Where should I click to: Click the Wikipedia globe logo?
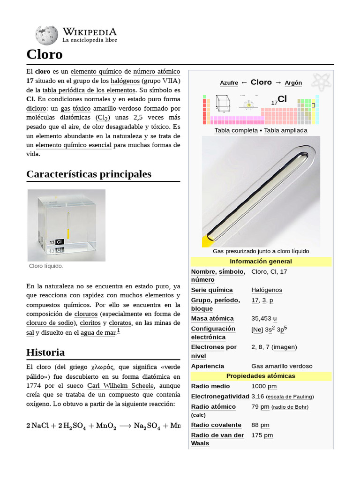tap(46, 35)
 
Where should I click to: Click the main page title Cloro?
tap(45, 54)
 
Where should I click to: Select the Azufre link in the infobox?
tap(229, 83)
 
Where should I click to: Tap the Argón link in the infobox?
tap(293, 83)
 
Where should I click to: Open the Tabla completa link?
tap(236, 130)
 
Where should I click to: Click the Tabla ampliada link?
tap(285, 130)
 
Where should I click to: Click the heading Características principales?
tap(89, 174)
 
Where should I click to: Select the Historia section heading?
tap(45, 352)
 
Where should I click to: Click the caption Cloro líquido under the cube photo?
tap(46, 266)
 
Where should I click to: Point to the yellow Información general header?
tap(261, 262)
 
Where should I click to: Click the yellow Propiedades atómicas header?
tap(261, 376)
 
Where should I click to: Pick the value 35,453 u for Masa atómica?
tap(264, 319)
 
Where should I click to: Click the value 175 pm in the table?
tap(262, 435)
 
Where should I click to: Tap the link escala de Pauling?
tap(290, 397)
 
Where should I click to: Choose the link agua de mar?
tap(98, 333)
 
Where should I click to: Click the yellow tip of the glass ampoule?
tap(207, 241)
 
